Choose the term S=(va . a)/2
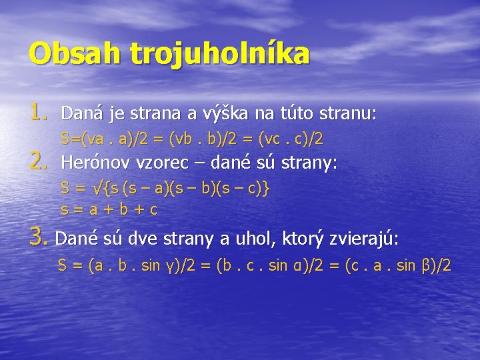pyautogui.click(x=106, y=139)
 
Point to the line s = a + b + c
pyautogui.click(x=109, y=210)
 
